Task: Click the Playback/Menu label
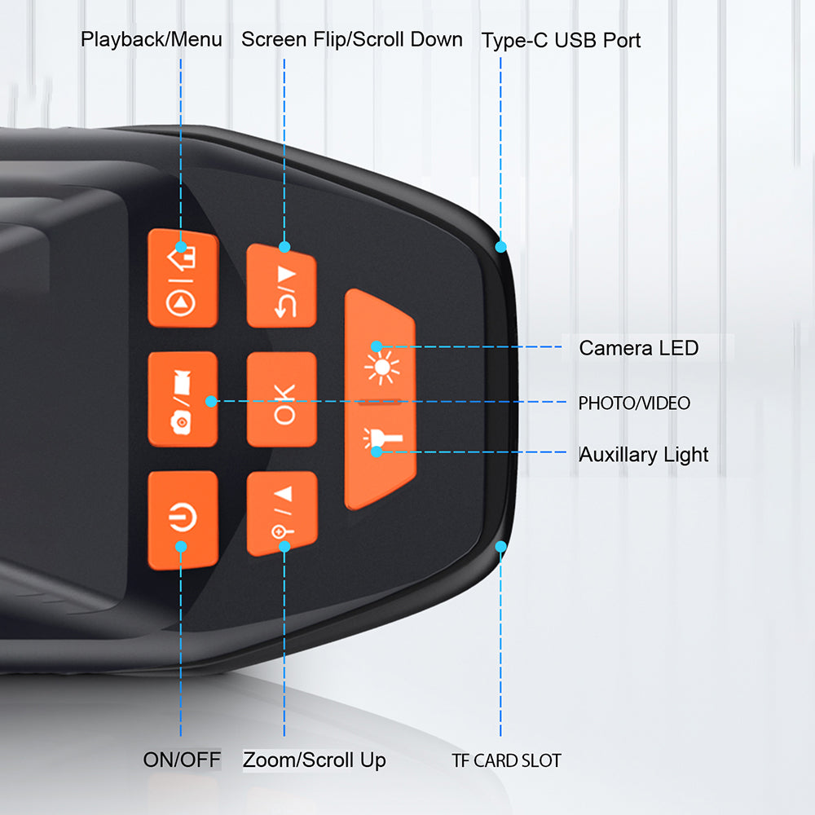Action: pos(152,39)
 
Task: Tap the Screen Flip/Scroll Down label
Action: pos(352,39)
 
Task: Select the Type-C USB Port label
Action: pos(562,40)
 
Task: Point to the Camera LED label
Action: pos(639,348)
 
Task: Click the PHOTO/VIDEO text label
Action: pos(634,403)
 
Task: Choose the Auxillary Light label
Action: pos(644,455)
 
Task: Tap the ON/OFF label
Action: pos(182,760)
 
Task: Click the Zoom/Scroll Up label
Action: pos(315,760)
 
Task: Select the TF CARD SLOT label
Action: pos(507,761)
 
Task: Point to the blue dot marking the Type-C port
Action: pos(500,246)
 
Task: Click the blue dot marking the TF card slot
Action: pos(500,546)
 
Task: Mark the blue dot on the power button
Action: pos(182,546)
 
